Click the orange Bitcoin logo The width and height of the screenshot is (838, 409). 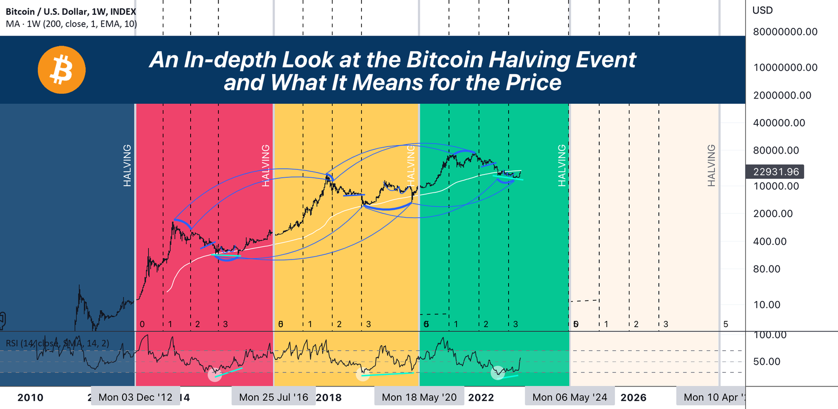point(62,70)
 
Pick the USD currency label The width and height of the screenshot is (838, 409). point(762,10)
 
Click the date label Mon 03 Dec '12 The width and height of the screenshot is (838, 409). point(135,397)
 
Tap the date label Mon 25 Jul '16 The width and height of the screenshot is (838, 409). point(273,397)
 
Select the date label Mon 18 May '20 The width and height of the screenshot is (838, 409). point(419,397)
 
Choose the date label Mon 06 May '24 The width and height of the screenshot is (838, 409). point(569,397)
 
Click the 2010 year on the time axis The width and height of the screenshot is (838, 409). point(30,397)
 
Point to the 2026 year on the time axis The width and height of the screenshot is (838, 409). point(633,397)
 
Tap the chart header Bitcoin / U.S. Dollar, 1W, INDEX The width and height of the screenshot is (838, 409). point(71,12)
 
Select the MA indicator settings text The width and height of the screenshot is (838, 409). point(71,24)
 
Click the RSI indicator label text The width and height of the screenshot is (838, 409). point(58,343)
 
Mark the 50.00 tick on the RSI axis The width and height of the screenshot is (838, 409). point(766,362)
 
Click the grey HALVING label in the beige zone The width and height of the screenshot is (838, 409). point(711,165)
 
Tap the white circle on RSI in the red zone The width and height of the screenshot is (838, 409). point(215,374)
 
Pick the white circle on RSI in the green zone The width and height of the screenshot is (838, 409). point(498,373)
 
